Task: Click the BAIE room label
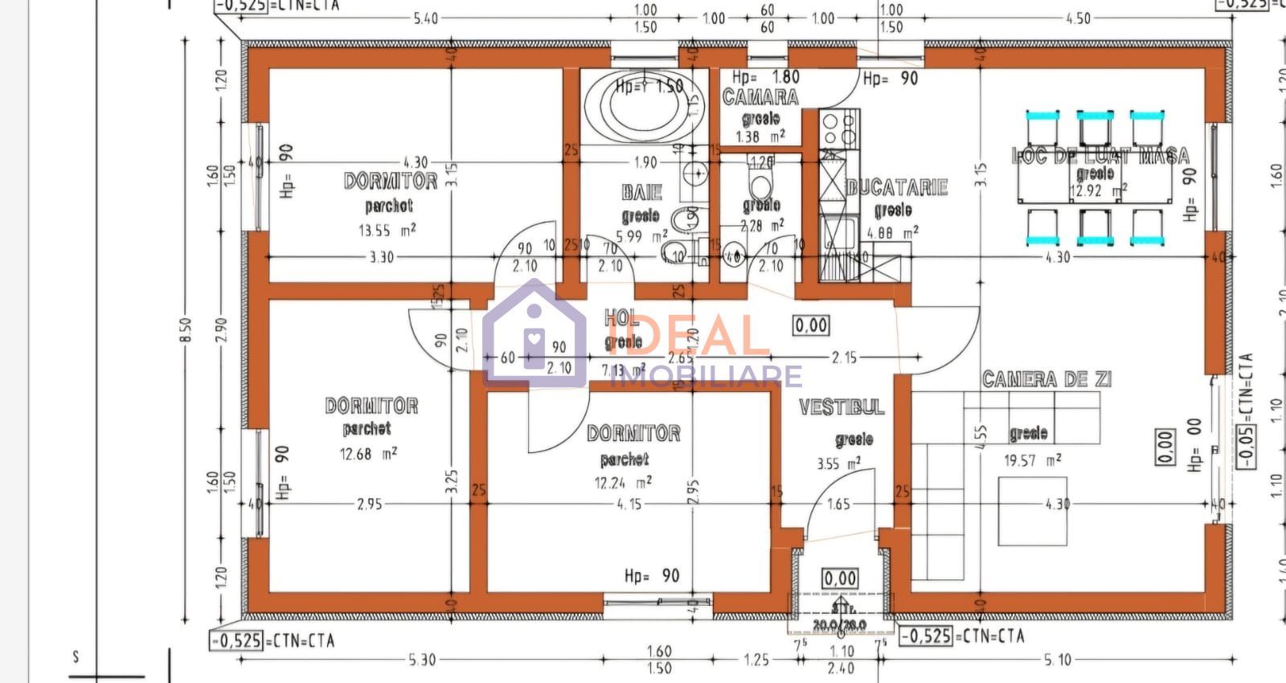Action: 641,192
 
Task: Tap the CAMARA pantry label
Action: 760,98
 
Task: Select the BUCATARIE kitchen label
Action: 897,188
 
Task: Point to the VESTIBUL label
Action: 841,407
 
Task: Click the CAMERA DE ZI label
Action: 1046,379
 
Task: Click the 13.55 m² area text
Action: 387,231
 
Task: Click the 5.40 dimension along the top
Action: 425,18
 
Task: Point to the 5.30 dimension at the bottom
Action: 421,660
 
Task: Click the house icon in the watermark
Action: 534,331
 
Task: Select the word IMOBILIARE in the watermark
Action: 707,375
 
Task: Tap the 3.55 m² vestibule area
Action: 838,464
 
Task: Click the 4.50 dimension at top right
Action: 1077,18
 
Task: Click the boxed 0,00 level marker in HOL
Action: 811,325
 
